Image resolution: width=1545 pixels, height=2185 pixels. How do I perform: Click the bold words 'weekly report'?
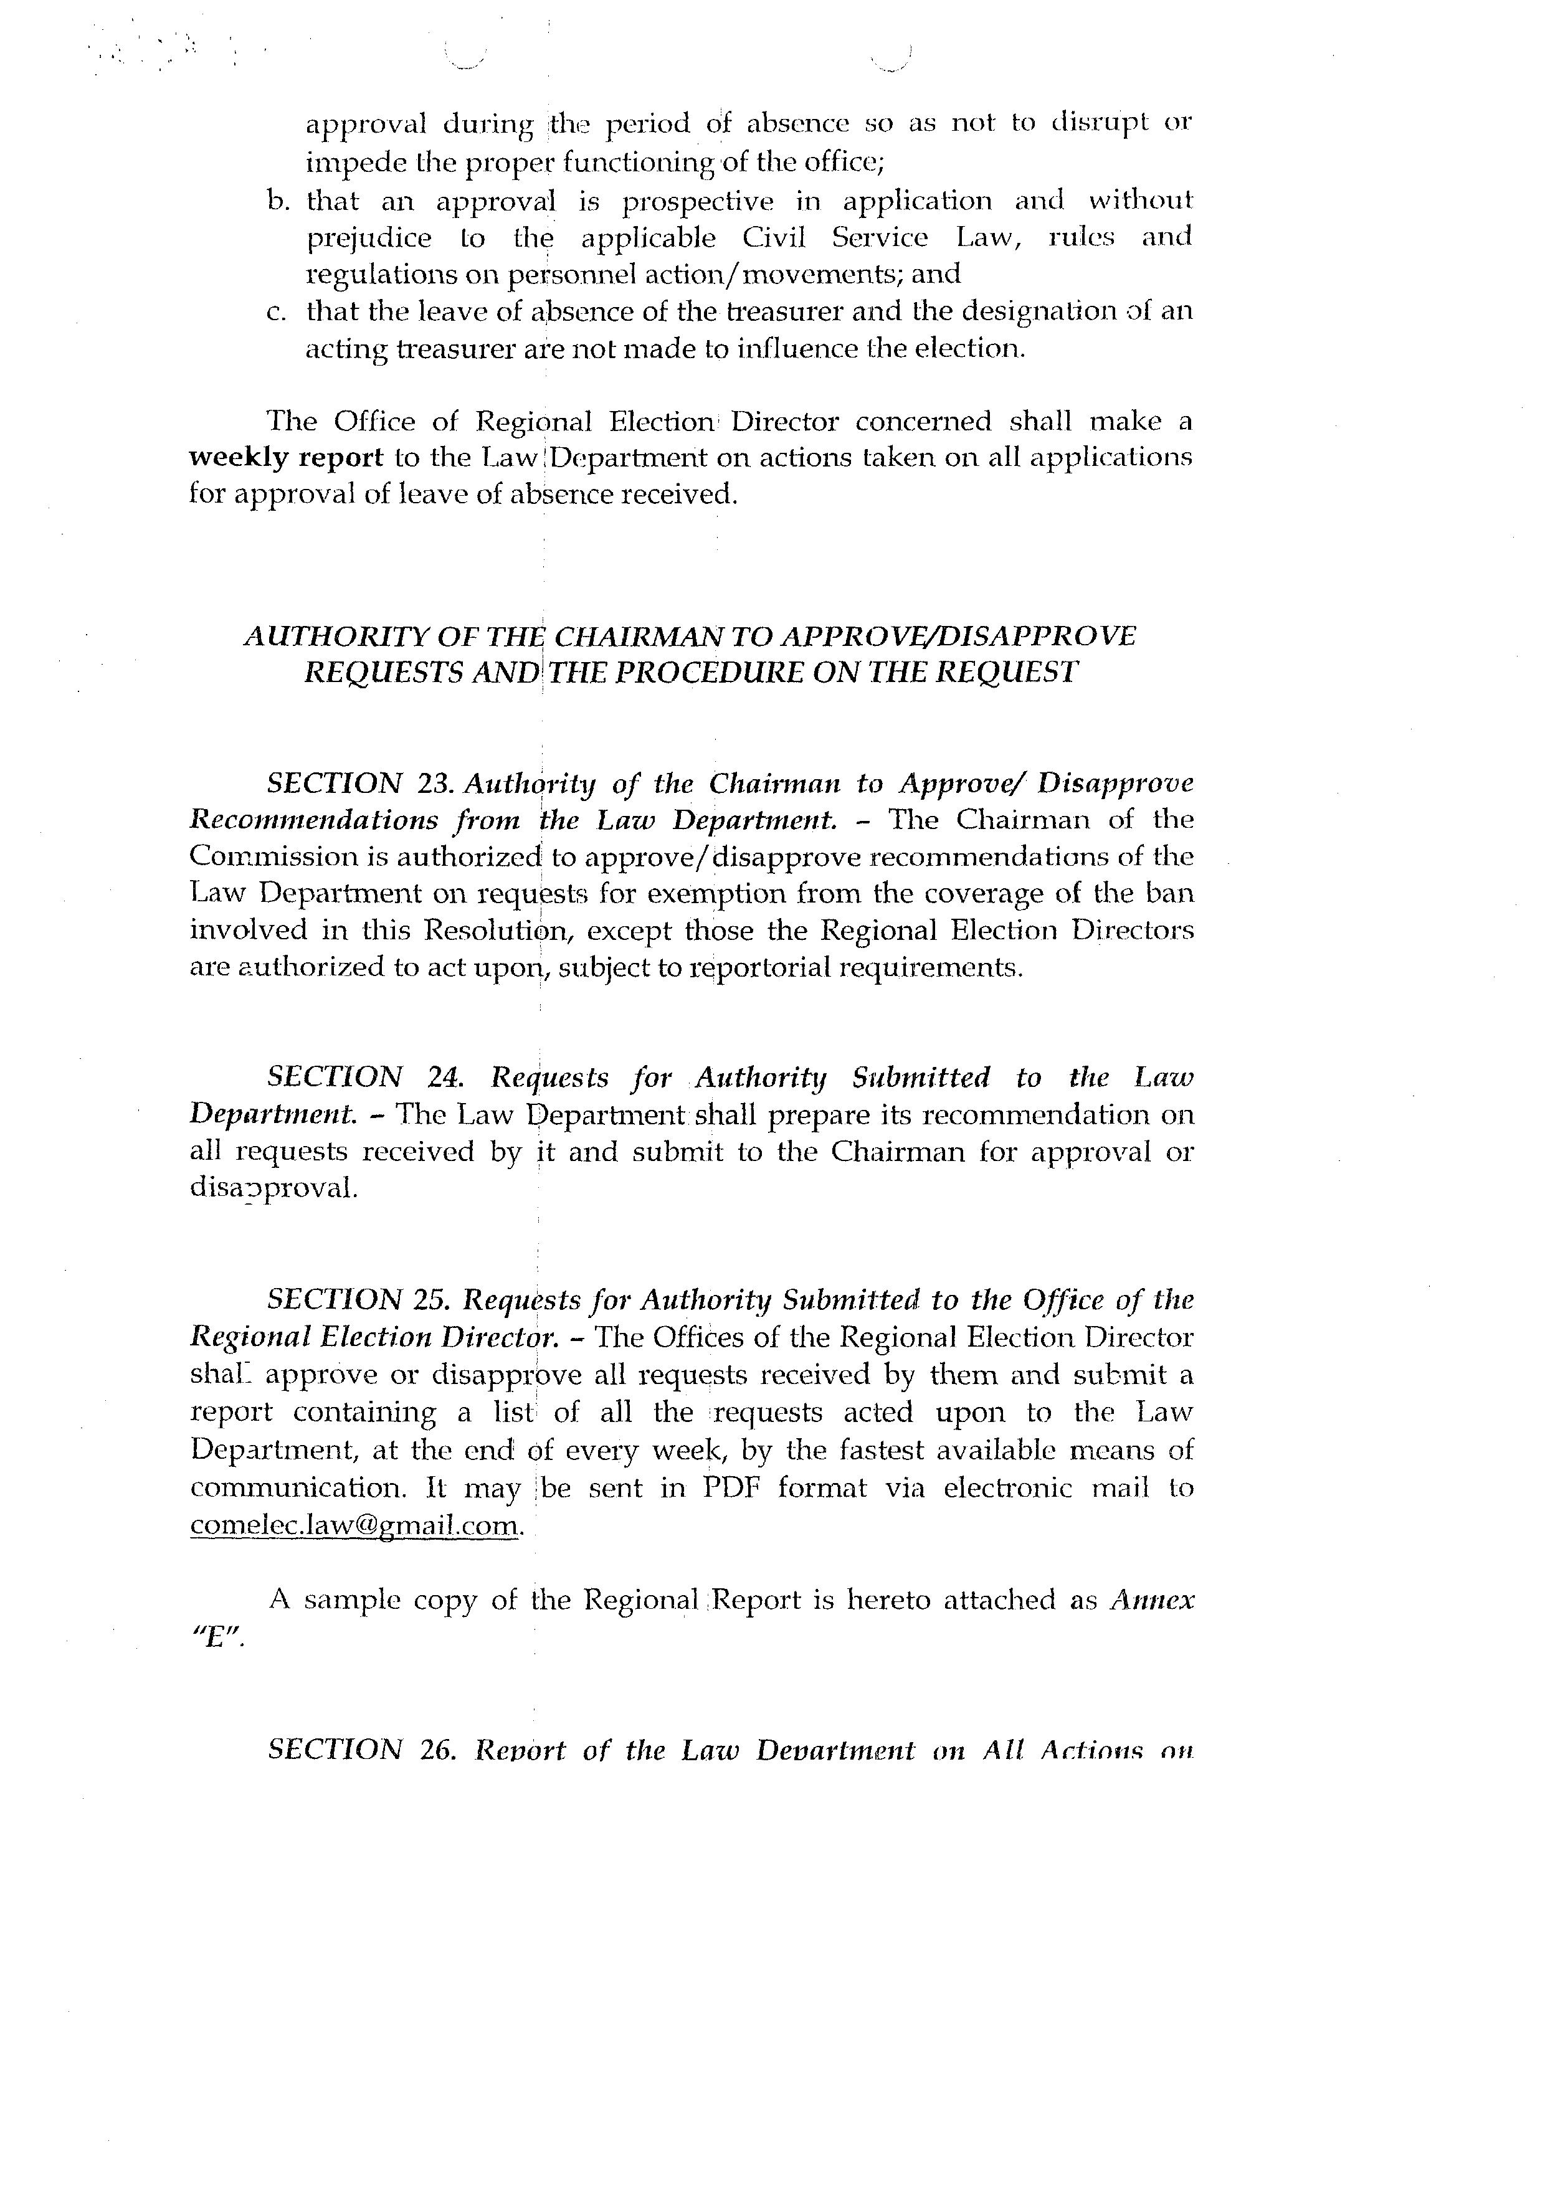(x=285, y=458)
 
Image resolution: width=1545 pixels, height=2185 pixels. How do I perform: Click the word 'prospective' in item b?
(x=698, y=201)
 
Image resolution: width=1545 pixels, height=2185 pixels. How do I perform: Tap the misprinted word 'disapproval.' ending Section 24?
(x=274, y=1188)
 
